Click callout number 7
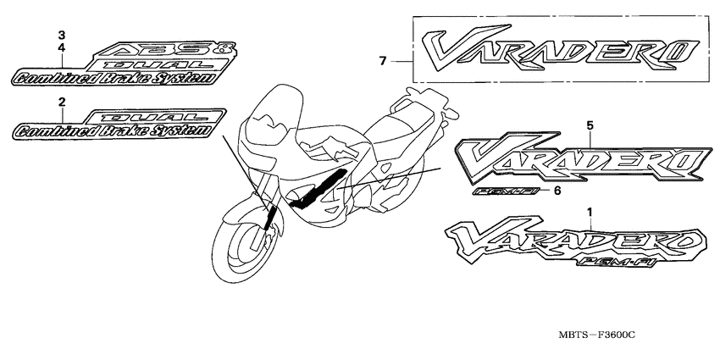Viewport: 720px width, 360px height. (x=383, y=61)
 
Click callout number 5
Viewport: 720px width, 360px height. (x=590, y=125)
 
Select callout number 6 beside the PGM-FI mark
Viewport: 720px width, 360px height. (x=557, y=191)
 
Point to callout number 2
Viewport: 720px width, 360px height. (x=61, y=102)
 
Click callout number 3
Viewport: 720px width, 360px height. (x=61, y=35)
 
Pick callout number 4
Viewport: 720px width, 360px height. (x=61, y=48)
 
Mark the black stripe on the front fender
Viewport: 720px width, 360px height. (x=269, y=219)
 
